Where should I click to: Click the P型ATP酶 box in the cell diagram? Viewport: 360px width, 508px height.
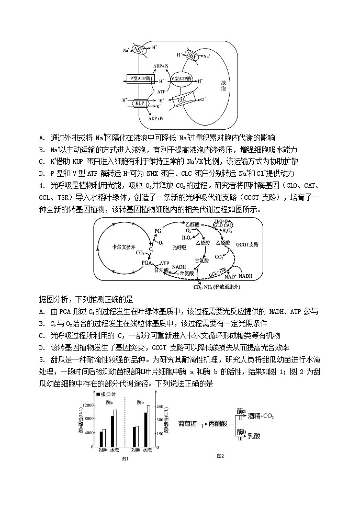140,78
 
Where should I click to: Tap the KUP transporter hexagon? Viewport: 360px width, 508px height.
140,103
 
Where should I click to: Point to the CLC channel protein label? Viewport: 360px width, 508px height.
182,99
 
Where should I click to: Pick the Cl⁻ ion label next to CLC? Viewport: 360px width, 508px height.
203,99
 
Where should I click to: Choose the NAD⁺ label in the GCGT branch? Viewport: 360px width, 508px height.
230,276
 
